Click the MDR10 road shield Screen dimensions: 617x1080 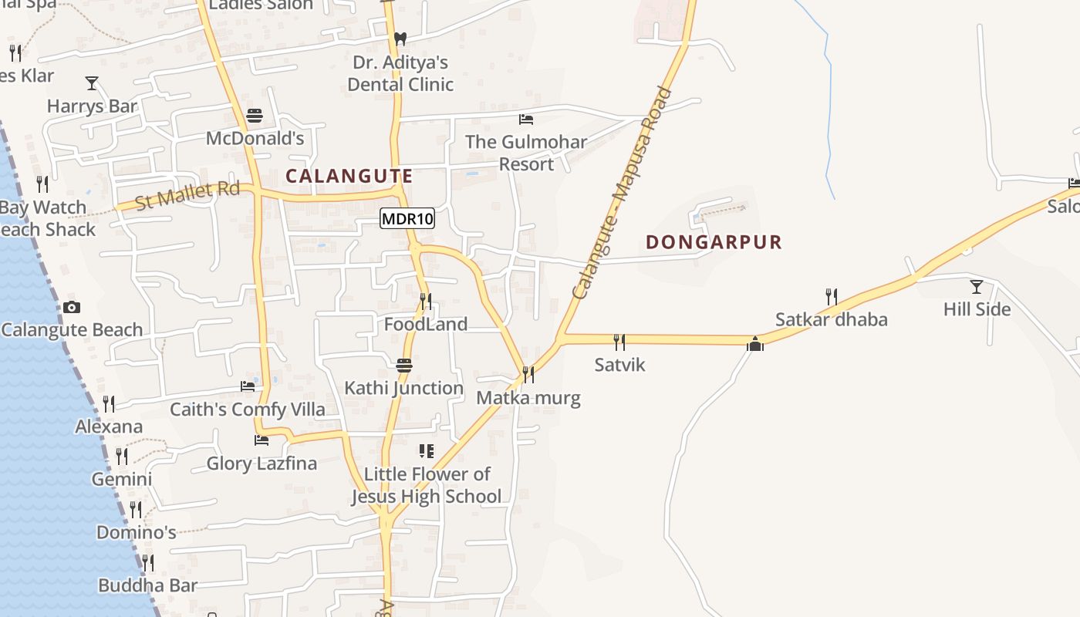point(407,219)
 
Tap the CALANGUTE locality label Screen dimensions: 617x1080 point(349,176)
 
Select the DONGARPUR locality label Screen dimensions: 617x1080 point(714,242)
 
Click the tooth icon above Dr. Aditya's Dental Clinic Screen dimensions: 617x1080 point(400,39)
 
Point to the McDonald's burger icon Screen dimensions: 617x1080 point(255,116)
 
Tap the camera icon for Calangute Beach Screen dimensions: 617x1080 point(72,307)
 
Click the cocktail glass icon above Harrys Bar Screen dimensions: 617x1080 point(92,83)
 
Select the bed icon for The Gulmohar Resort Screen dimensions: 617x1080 point(526,120)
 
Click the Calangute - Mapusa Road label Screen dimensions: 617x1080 point(623,194)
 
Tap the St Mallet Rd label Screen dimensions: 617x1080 point(187,194)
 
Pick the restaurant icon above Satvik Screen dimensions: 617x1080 point(619,342)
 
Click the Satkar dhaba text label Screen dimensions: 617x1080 point(831,319)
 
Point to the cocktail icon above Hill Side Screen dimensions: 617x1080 point(976,287)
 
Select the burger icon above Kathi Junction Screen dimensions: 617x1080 point(404,365)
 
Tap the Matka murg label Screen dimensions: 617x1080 point(528,398)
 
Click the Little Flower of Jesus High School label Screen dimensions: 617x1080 point(427,485)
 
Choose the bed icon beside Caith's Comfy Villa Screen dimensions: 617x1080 point(248,386)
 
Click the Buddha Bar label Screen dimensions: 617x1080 point(147,585)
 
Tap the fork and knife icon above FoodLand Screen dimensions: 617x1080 point(425,301)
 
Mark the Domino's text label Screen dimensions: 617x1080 point(136,532)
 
